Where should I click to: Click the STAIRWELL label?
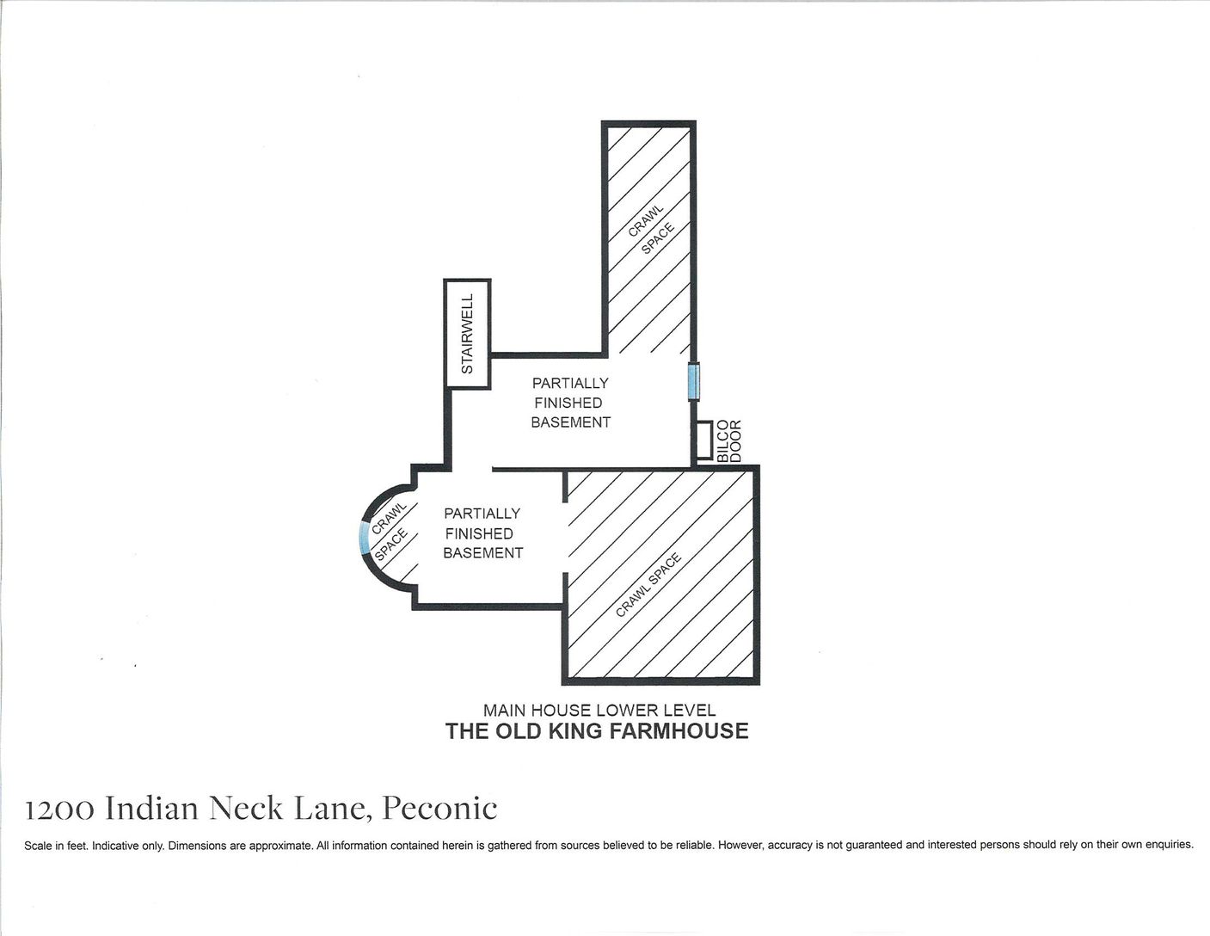pyautogui.click(x=468, y=334)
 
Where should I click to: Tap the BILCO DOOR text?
pyautogui.click(x=728, y=440)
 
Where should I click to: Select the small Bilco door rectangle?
pyautogui.click(x=704, y=440)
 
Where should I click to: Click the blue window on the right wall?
pyautogui.click(x=693, y=381)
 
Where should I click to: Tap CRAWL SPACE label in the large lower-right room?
pyautogui.click(x=648, y=585)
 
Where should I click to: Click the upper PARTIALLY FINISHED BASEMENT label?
pyautogui.click(x=570, y=403)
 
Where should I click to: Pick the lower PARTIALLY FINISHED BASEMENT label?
pyautogui.click(x=482, y=533)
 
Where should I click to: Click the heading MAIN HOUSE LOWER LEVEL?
pyautogui.click(x=599, y=711)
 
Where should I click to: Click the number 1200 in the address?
pyautogui.click(x=59, y=810)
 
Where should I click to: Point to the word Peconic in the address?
pyautogui.click(x=439, y=809)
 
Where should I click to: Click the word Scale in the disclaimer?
pyautogui.click(x=38, y=846)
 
